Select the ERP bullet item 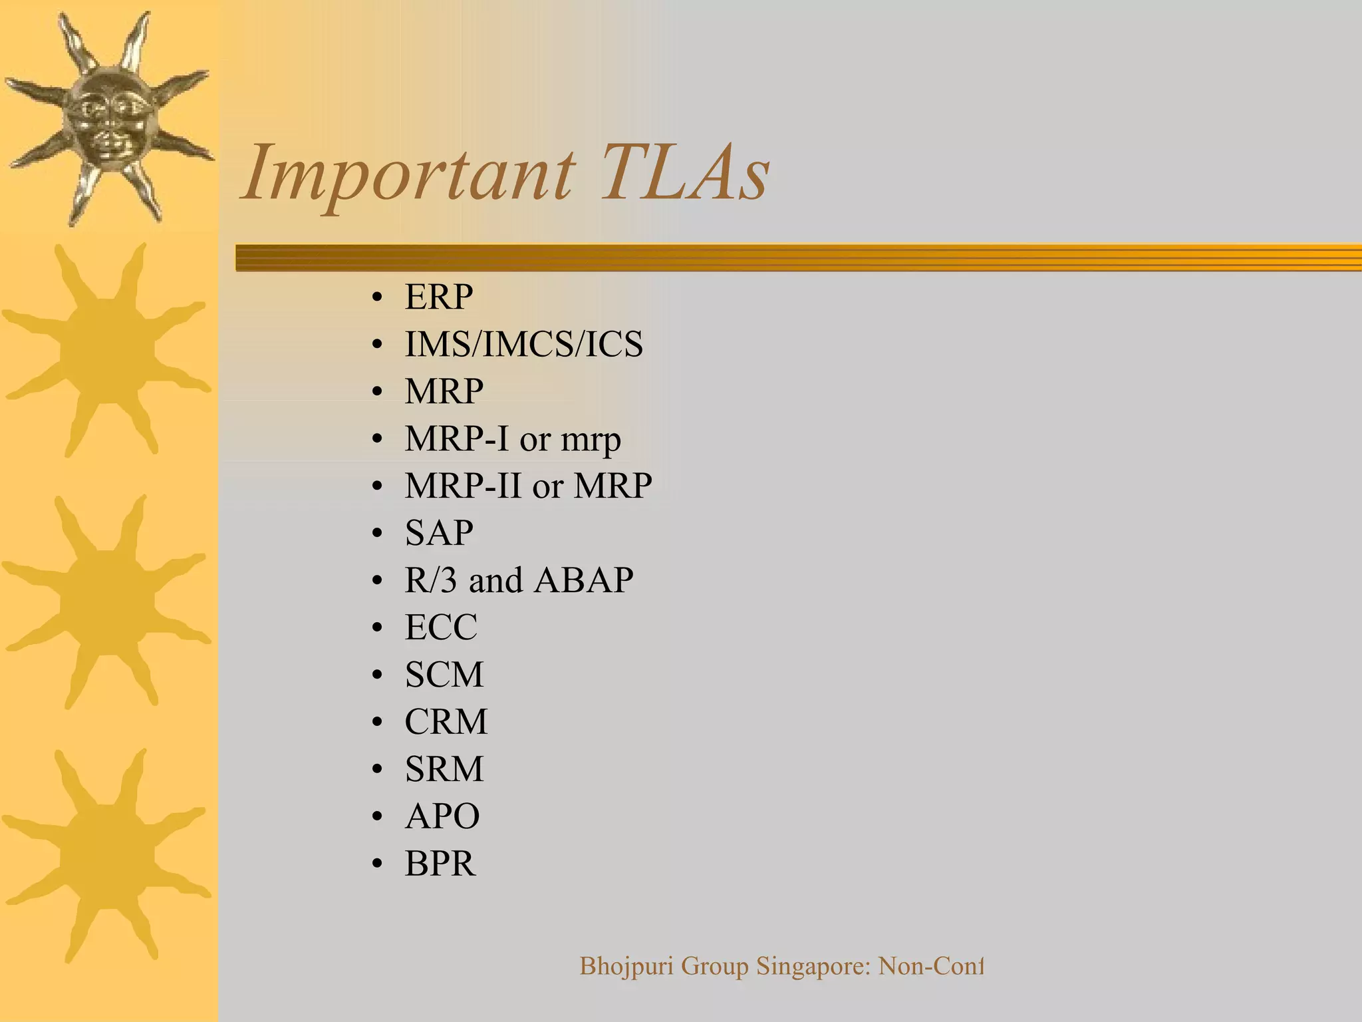click(x=439, y=297)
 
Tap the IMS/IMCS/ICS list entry click(x=523, y=344)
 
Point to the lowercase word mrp click(x=591, y=440)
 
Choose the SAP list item click(x=439, y=533)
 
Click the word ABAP click(x=583, y=580)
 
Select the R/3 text click(x=431, y=580)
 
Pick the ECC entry click(x=441, y=627)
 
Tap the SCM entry click(x=444, y=675)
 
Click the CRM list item click(x=446, y=722)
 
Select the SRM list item click(x=444, y=769)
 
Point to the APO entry click(x=442, y=816)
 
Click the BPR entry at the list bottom click(x=440, y=864)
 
